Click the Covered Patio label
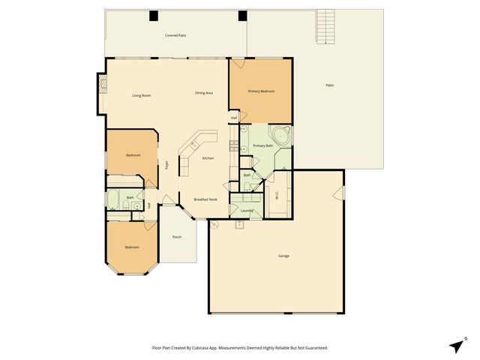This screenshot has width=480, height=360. coord(175,35)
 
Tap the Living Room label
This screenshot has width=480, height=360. coord(142,95)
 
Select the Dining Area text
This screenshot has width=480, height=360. coord(204,92)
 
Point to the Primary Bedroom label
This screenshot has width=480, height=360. coord(261,91)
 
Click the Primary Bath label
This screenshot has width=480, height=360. coord(262,145)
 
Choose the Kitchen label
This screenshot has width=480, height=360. coord(208,158)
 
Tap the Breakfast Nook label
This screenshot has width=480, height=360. coord(205,199)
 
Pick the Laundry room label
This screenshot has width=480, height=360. coord(247,211)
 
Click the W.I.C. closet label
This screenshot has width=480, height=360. coord(277,197)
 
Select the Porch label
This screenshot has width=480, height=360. coord(177,237)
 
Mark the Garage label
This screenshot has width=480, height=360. coord(283,256)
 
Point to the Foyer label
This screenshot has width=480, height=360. coord(166,164)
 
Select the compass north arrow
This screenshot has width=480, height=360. coord(457,345)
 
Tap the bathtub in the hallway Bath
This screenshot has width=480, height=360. coord(114,199)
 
